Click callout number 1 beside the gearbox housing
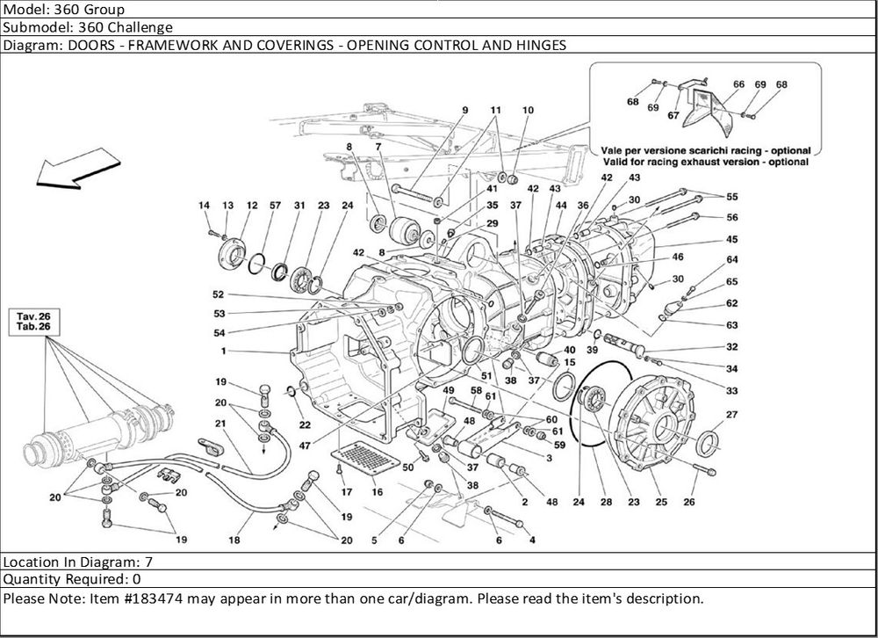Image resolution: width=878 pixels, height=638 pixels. click(226, 352)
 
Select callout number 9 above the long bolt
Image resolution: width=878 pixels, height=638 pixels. click(464, 110)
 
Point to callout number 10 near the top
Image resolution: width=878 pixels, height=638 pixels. click(528, 110)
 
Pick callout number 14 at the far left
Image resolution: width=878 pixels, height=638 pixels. click(204, 206)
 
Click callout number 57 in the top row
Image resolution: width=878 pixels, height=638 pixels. click(275, 206)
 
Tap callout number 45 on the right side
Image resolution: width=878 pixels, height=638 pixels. click(731, 239)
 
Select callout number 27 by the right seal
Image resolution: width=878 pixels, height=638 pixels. click(731, 413)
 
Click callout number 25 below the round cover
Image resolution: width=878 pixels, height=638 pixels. click(661, 502)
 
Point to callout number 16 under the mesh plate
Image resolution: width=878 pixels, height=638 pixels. click(377, 492)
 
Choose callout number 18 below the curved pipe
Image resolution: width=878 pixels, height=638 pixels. click(234, 540)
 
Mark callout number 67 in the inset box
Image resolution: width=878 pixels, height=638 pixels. click(673, 115)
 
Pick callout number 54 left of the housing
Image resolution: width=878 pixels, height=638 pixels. click(219, 333)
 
